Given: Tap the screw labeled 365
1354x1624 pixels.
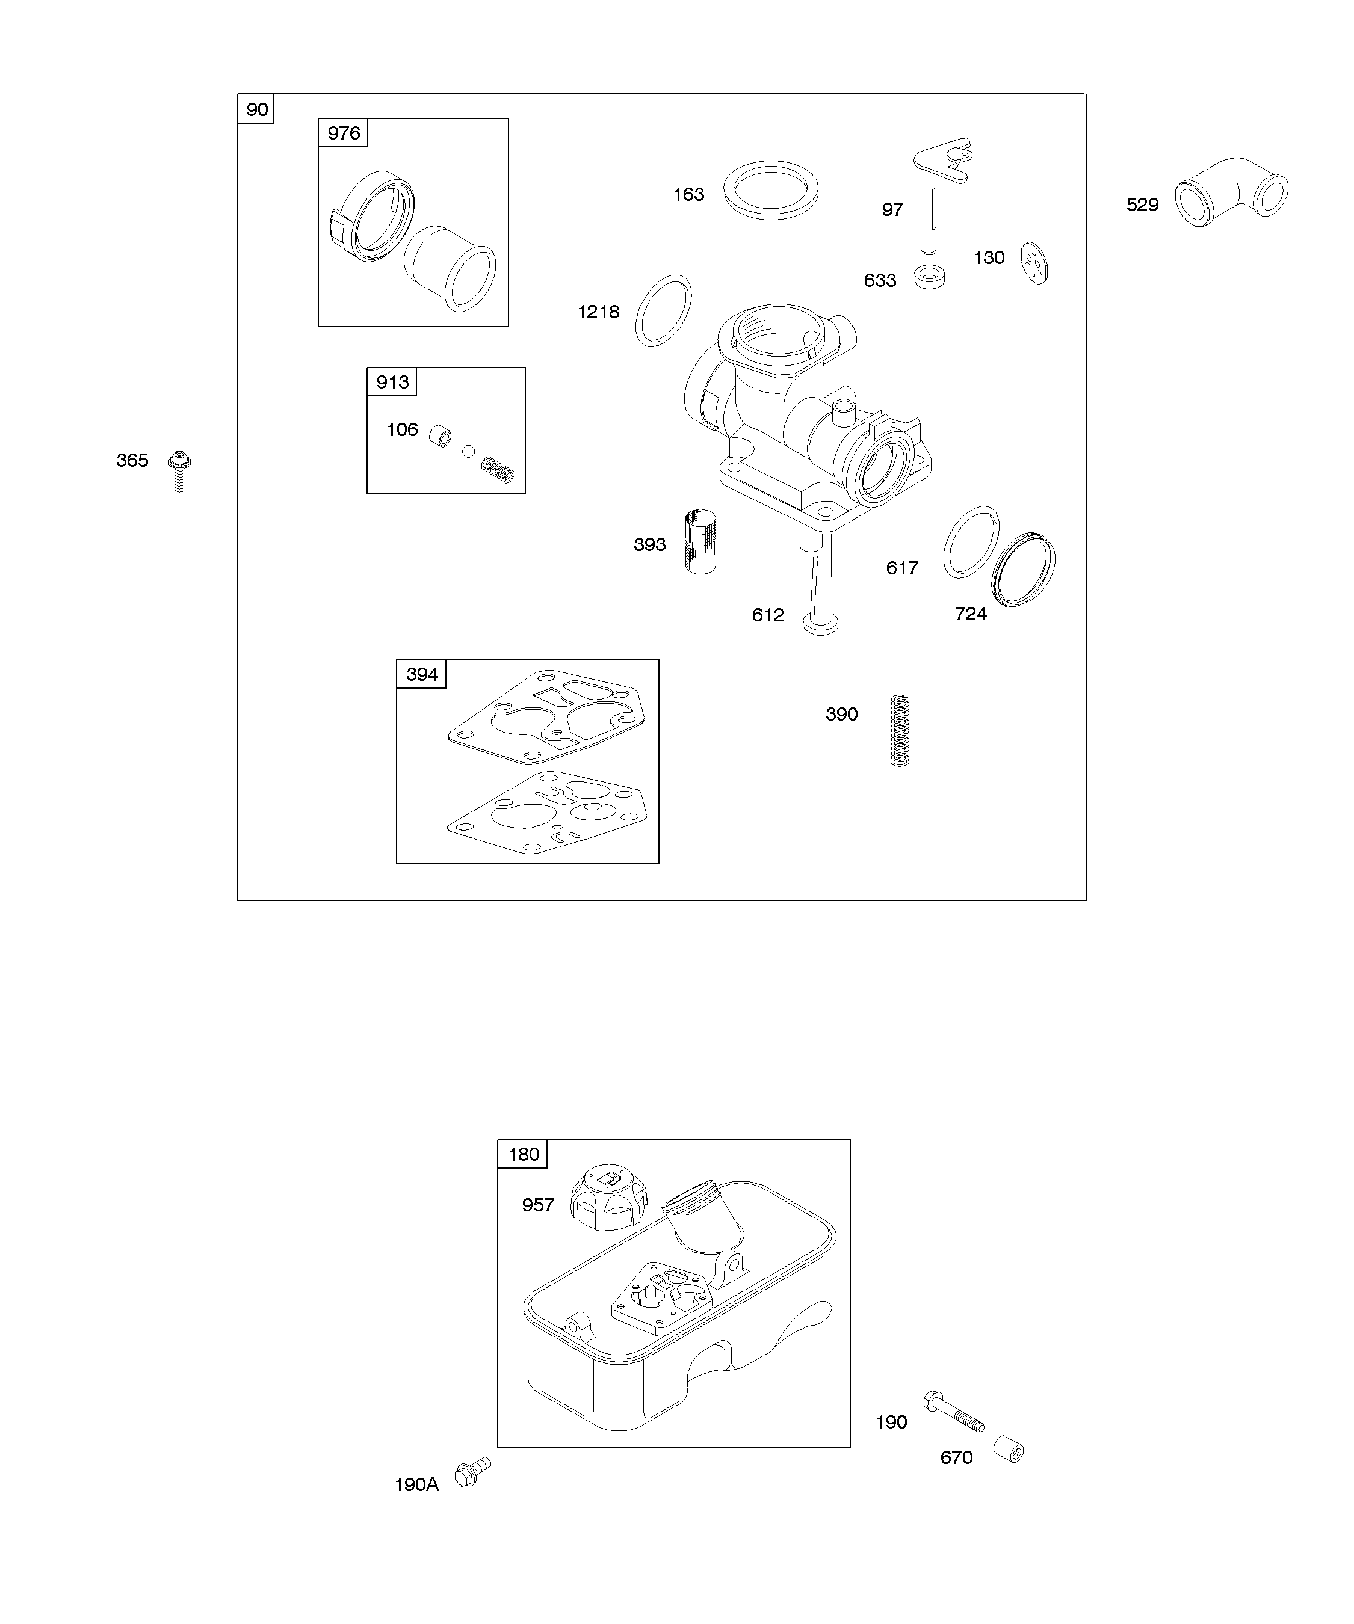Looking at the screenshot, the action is click(179, 471).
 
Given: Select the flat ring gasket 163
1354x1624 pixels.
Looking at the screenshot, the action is click(771, 190).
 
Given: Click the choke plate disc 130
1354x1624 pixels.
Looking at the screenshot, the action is click(1034, 263).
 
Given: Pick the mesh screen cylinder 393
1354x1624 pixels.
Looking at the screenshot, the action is click(701, 541).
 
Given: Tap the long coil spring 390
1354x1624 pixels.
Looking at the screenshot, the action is click(900, 730).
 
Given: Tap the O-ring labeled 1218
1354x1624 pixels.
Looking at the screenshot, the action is click(663, 311).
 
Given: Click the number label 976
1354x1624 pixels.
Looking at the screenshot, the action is click(344, 133).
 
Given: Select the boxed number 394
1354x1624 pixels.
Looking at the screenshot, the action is click(422, 674).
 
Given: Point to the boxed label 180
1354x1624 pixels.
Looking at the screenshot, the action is click(523, 1155).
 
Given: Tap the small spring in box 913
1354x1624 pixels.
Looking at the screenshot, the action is click(498, 469).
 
